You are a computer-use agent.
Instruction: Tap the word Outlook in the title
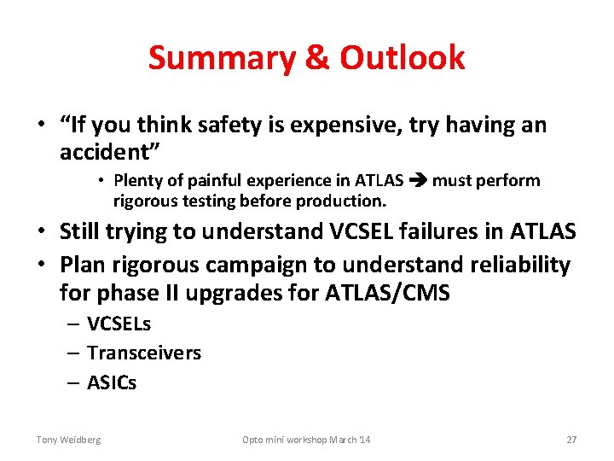coord(403,58)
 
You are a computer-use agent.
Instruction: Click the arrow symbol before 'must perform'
coord(418,181)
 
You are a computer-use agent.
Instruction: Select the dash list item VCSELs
coord(119,324)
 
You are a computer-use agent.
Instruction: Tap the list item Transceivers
coord(143,353)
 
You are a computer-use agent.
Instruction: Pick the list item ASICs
coord(111,382)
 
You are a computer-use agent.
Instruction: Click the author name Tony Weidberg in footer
coord(68,440)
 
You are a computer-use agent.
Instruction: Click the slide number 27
coord(571,440)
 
